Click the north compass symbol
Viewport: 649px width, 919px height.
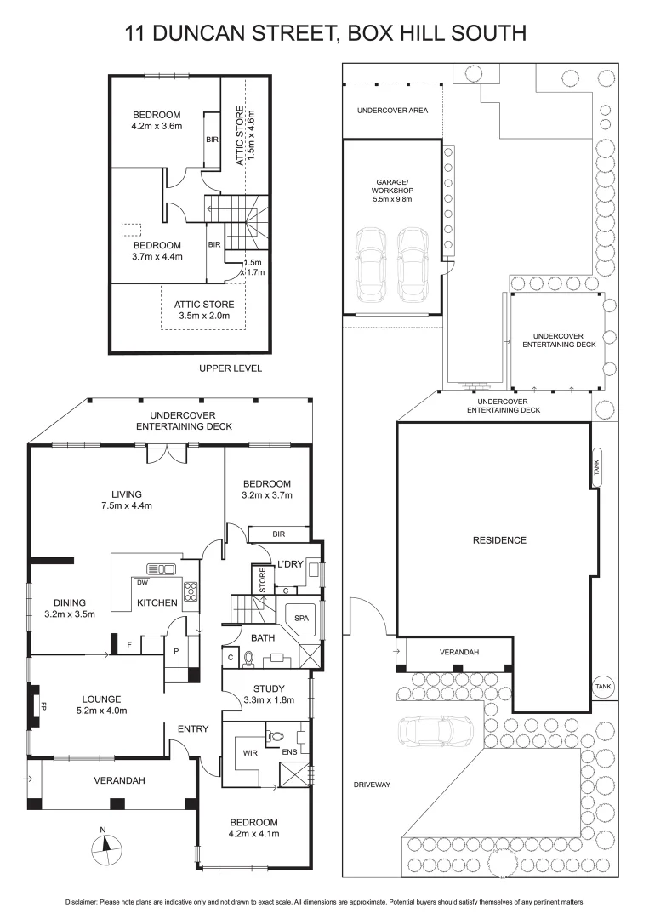pos(103,844)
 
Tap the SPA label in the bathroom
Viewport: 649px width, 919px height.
pos(300,617)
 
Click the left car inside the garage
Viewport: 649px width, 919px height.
pos(371,265)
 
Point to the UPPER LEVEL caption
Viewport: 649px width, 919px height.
pos(230,368)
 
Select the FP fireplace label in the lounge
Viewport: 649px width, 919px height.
pos(39,705)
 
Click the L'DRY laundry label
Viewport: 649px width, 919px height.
pos(290,564)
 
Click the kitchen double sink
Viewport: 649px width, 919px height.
pos(161,568)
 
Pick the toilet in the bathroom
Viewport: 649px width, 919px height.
pos(249,658)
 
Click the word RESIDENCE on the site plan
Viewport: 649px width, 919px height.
pos(499,540)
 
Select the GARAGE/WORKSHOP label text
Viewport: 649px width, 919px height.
pos(392,191)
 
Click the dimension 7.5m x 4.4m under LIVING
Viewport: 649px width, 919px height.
pos(126,506)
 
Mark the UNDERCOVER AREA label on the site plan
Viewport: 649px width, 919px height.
pos(392,111)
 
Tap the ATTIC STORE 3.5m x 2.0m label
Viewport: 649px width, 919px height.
pos(204,310)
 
